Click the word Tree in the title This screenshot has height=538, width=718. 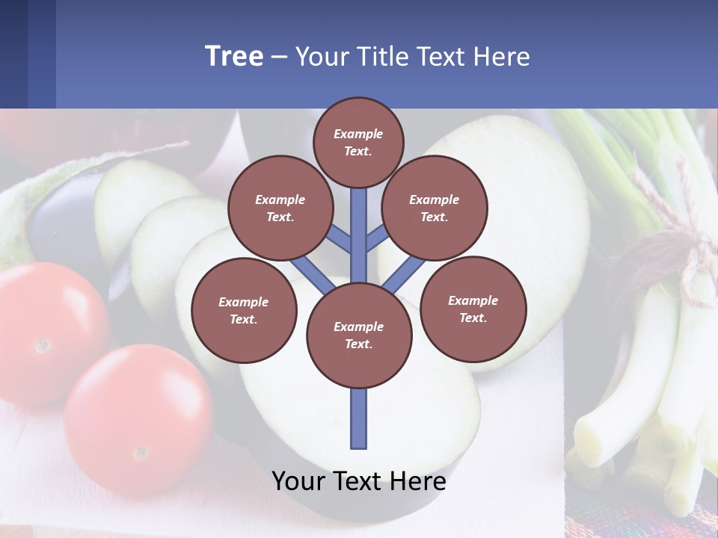pyautogui.click(x=234, y=57)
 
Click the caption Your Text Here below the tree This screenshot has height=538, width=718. pyautogui.click(x=359, y=481)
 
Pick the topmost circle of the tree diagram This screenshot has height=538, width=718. pyautogui.click(x=358, y=142)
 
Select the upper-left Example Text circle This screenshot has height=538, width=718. pyautogui.click(x=280, y=208)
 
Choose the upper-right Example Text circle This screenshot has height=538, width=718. pyautogui.click(x=434, y=208)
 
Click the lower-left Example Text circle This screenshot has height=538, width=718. pyautogui.click(x=244, y=310)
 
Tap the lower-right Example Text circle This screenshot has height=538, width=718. pyautogui.click(x=473, y=309)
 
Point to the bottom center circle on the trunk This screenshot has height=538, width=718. pyautogui.click(x=359, y=335)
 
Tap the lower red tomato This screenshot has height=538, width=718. pyautogui.click(x=138, y=418)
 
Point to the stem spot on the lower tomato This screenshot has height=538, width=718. pyautogui.click(x=140, y=454)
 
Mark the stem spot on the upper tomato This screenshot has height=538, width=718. pyautogui.click(x=43, y=345)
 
